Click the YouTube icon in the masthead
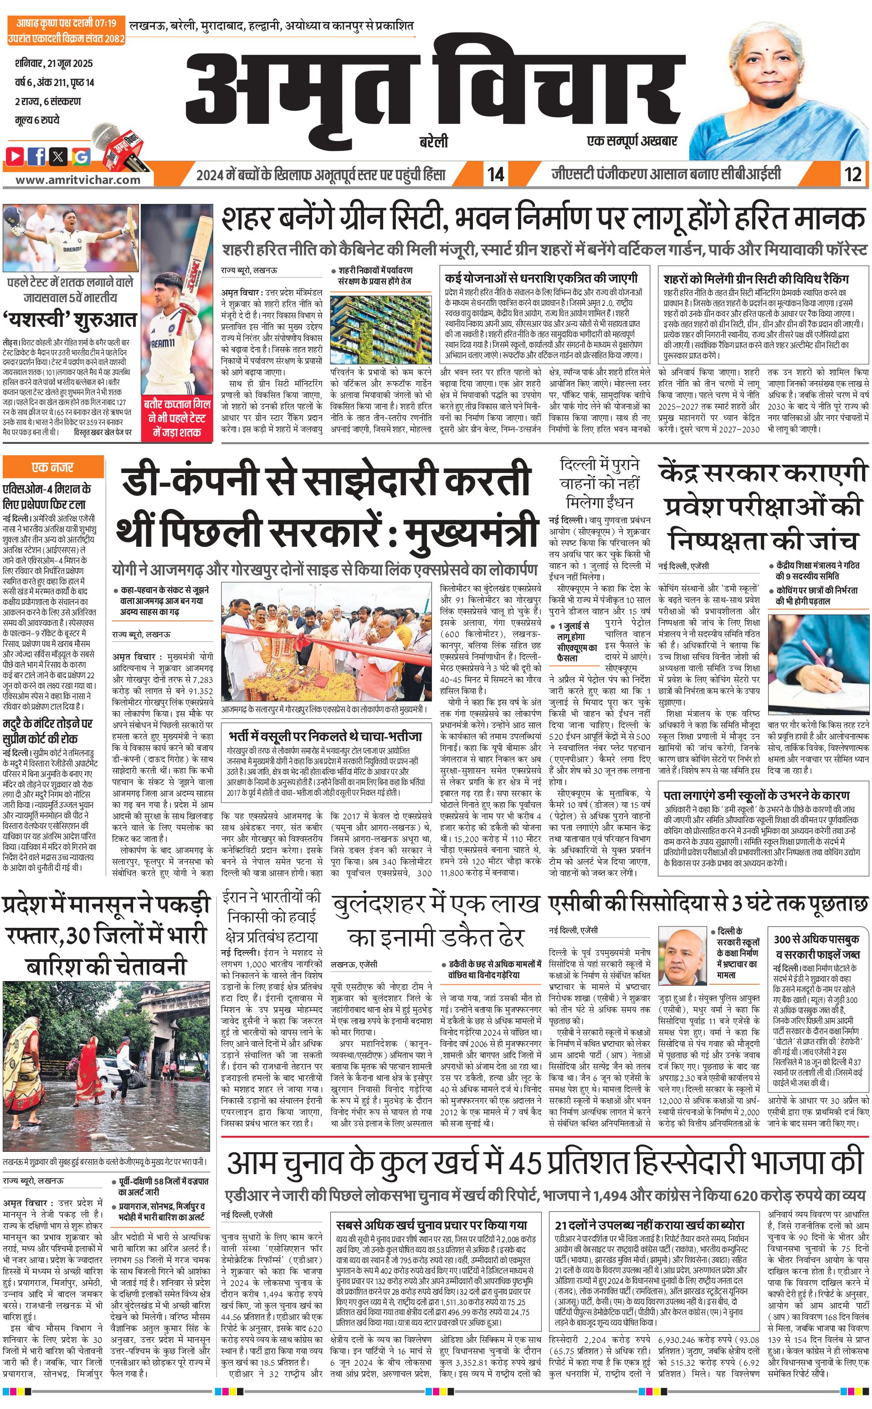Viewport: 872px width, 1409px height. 15,155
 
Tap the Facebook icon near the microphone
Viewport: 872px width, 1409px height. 37,155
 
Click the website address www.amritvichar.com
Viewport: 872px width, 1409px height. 77,179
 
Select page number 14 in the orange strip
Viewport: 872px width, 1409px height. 495,174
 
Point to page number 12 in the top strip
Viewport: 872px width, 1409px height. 852,174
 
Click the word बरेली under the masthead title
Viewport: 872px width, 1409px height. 434,141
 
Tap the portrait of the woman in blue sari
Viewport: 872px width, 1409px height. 779,92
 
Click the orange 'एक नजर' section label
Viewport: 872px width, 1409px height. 53,467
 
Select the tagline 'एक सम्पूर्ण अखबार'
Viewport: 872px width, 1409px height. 631,140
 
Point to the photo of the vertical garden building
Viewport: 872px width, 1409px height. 380,330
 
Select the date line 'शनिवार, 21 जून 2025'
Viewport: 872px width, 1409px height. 54,63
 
